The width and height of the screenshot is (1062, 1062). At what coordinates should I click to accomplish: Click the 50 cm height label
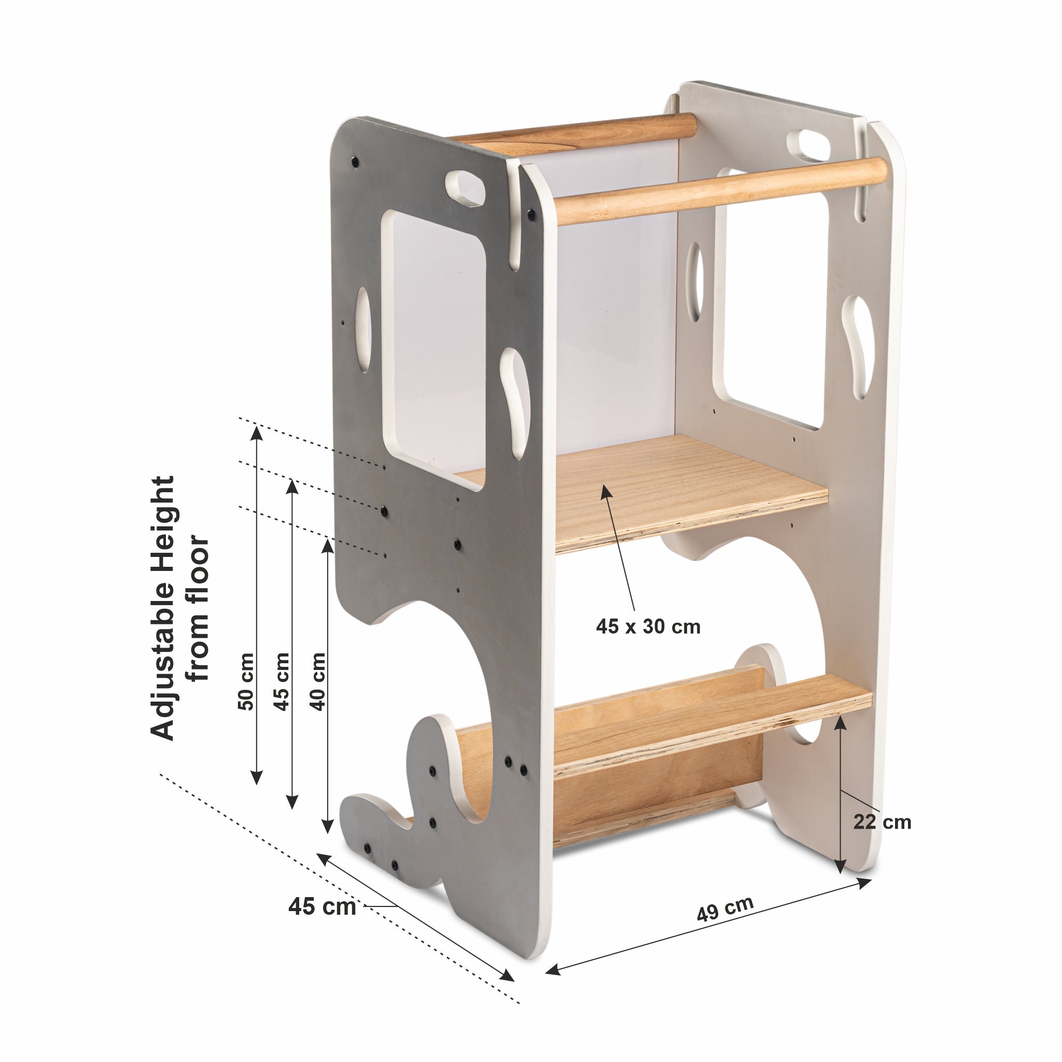click(x=246, y=681)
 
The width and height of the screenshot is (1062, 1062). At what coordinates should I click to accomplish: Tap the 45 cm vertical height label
click(x=282, y=681)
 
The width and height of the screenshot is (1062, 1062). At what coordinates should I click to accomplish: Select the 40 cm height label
click(x=318, y=681)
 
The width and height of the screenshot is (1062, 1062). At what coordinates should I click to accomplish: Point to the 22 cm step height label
click(x=882, y=837)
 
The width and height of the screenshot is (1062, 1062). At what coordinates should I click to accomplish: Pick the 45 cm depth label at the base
click(x=322, y=906)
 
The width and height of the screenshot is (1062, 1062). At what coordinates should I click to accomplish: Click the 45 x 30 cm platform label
click(x=648, y=626)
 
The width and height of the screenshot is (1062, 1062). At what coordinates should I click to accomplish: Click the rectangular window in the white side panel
click(x=772, y=297)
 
